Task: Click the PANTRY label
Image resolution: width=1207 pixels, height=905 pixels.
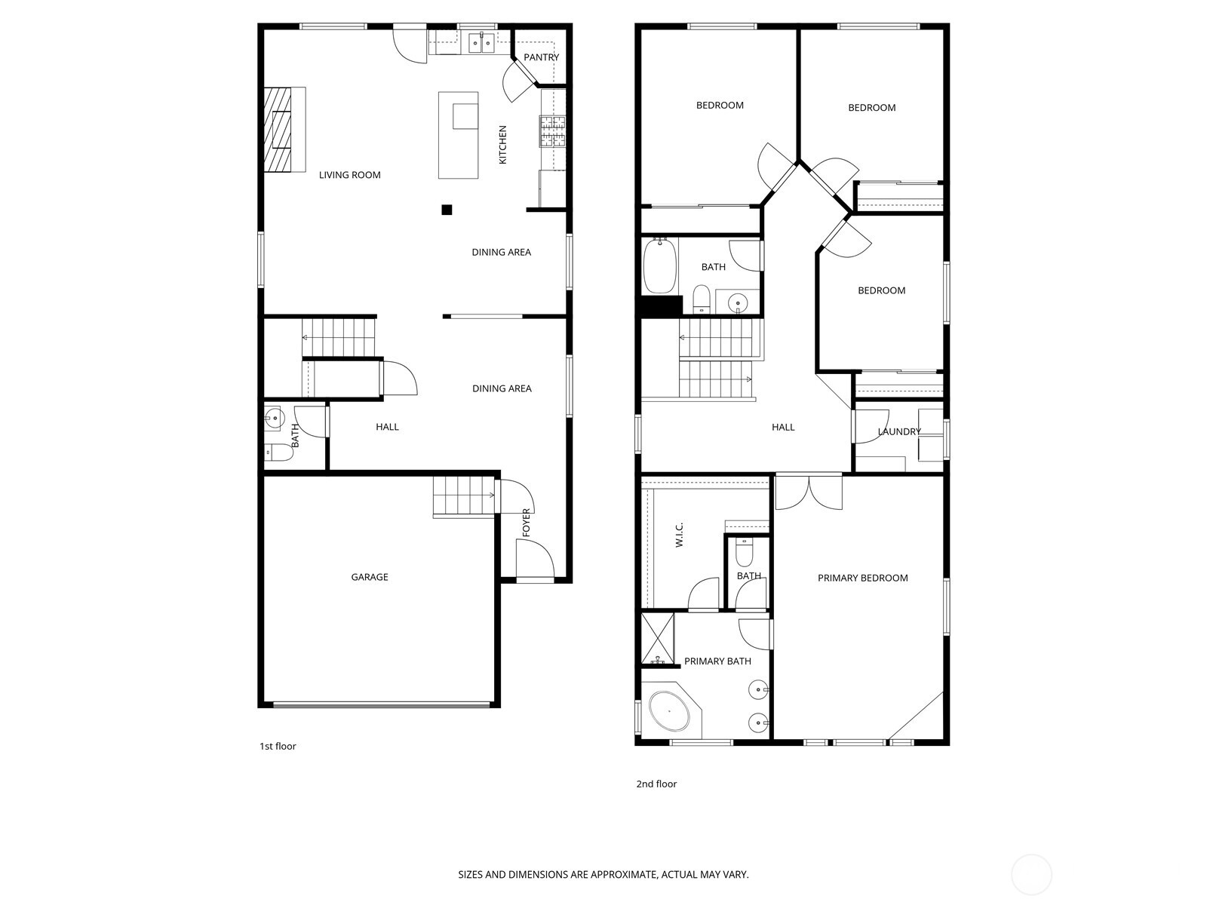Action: pyautogui.click(x=541, y=57)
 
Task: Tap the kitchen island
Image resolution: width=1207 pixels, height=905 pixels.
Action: pyautogui.click(x=458, y=136)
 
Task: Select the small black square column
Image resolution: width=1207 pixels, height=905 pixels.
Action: pyautogui.click(x=447, y=210)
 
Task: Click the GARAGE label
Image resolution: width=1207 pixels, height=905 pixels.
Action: pyautogui.click(x=370, y=577)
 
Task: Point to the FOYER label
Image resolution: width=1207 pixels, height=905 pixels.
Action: pyautogui.click(x=527, y=523)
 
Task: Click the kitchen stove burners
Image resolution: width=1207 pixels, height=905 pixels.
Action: pyautogui.click(x=552, y=131)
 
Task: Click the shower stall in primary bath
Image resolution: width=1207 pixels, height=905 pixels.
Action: pyautogui.click(x=657, y=638)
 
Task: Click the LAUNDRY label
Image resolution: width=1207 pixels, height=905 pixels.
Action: pyautogui.click(x=899, y=431)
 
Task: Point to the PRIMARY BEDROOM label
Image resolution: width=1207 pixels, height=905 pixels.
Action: pyautogui.click(x=862, y=578)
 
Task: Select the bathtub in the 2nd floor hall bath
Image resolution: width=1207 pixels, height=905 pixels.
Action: pyautogui.click(x=659, y=266)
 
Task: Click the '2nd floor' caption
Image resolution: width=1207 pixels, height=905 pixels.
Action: pyautogui.click(x=656, y=784)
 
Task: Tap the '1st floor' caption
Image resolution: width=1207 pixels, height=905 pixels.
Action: pyautogui.click(x=278, y=746)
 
